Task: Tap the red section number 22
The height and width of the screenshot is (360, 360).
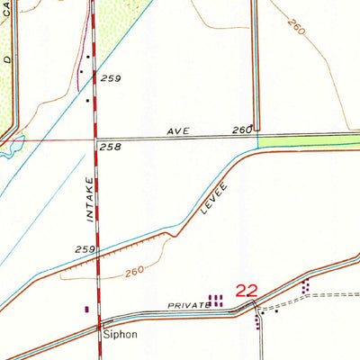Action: (x=247, y=291)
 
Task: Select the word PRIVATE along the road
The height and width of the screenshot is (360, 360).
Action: (x=188, y=306)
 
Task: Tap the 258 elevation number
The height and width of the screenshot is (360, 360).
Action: (x=110, y=146)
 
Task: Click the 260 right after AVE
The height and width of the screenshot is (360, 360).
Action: (x=241, y=130)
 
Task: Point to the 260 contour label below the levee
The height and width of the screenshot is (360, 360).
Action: (x=134, y=271)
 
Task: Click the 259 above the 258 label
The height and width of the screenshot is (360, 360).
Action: (x=111, y=79)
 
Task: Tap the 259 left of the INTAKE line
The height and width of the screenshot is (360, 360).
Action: (x=85, y=249)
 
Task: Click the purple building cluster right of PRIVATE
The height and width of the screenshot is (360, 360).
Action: (x=216, y=300)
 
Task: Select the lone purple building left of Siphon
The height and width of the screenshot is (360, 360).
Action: (x=86, y=309)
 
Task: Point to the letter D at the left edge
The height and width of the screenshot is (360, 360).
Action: (x=6, y=62)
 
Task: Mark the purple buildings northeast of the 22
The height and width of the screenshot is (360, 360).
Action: (x=306, y=286)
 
